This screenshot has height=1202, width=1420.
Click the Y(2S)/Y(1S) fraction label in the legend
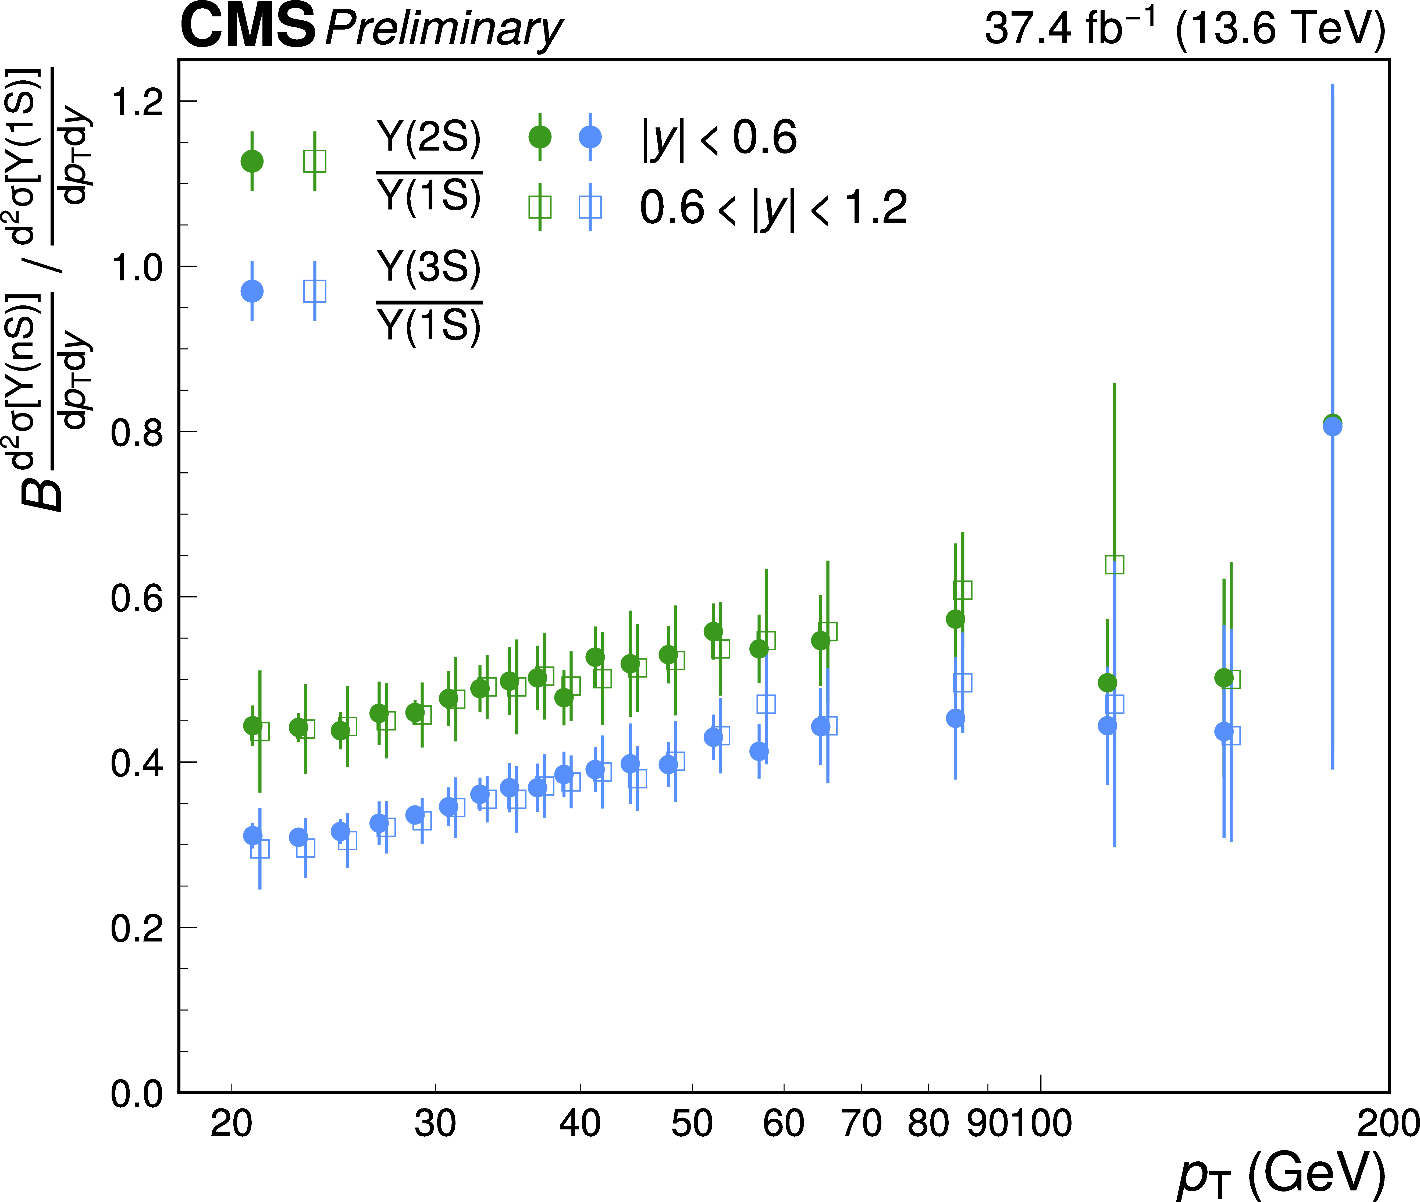pos(429,167)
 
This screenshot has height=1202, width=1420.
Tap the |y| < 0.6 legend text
pos(719,137)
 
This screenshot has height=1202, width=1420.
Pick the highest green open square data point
pos(1114,564)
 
